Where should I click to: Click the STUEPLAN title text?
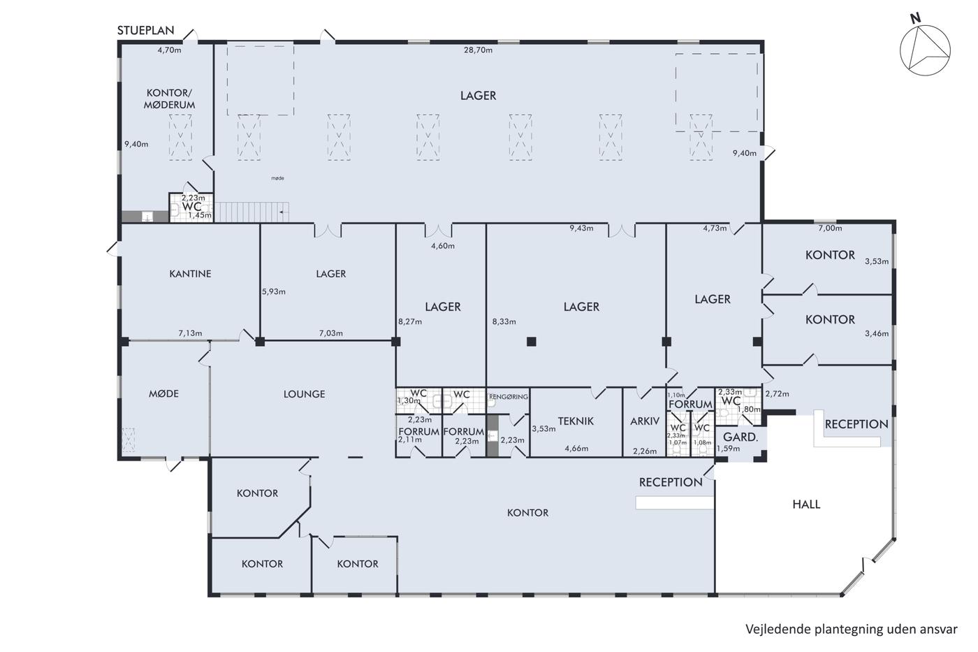[145, 30]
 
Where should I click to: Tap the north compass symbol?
[924, 50]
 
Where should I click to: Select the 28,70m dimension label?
[478, 50]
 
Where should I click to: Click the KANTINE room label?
[190, 274]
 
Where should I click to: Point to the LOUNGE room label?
[305, 394]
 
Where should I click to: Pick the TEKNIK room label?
[576, 421]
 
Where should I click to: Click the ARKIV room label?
[645, 421]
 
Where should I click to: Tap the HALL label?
[806, 505]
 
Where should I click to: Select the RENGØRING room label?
[509, 397]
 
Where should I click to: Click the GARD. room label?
[740, 437]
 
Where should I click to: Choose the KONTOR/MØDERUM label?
[169, 99]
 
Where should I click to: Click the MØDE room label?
[163, 393]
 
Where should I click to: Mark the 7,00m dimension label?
[830, 228]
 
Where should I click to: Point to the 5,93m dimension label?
[274, 291]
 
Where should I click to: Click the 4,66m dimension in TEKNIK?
[576, 449]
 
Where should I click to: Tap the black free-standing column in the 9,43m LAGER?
[532, 342]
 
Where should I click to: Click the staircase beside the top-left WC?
[251, 212]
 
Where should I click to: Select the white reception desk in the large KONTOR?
[675, 502]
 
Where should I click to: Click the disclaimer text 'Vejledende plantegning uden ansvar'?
[852, 630]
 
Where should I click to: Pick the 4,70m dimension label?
[169, 50]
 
